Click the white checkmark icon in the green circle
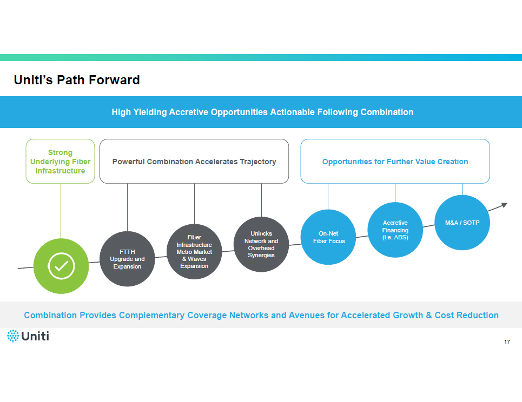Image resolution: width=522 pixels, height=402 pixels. [x=61, y=266]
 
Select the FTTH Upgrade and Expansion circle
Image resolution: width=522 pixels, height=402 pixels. [x=127, y=258]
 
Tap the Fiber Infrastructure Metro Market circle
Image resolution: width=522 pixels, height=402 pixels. [x=194, y=251]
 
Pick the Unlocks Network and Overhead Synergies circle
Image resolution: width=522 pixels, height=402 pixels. [x=261, y=244]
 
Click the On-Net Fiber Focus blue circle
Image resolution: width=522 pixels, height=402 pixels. [x=328, y=237]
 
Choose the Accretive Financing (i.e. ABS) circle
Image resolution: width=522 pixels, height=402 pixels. [x=395, y=230]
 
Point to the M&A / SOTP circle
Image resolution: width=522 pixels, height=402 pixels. [x=462, y=223]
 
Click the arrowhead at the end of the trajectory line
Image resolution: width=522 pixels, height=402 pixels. [x=505, y=204]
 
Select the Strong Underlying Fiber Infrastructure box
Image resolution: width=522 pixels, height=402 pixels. [x=61, y=162]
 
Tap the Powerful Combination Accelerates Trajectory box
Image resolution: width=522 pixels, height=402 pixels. [x=194, y=162]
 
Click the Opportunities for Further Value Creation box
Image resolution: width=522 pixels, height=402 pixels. [x=395, y=162]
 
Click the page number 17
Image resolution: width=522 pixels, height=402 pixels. [x=507, y=342]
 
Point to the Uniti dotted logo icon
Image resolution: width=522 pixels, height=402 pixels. [x=13, y=336]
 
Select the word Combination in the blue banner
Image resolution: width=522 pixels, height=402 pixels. [x=387, y=112]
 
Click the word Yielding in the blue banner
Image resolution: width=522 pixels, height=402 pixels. [x=150, y=112]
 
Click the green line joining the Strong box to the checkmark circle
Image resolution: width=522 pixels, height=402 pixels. [x=61, y=211]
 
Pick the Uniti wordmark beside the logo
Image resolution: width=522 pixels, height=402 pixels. [x=36, y=336]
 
